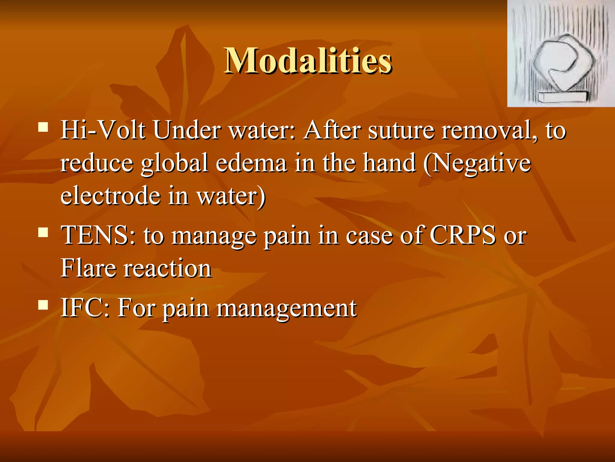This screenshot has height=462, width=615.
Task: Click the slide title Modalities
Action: (307, 61)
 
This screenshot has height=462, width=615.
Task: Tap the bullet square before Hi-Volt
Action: (43, 127)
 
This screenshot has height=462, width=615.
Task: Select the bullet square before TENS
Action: (43, 232)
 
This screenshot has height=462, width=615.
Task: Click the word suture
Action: (401, 130)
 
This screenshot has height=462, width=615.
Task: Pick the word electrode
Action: (110, 196)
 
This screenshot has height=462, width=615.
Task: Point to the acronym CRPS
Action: (463, 236)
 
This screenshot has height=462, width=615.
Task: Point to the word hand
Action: (389, 163)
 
